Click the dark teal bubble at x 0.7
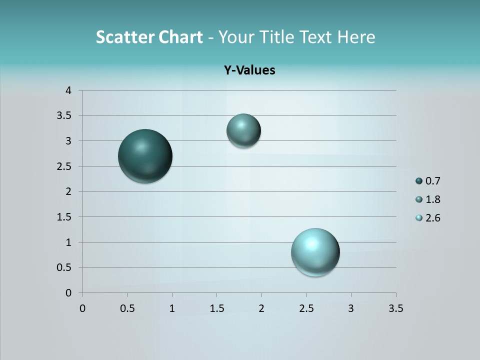pyautogui.click(x=145, y=156)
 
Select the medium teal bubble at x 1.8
pyautogui.click(x=243, y=130)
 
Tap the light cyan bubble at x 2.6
pyautogui.click(x=315, y=252)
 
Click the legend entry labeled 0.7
pyautogui.click(x=428, y=181)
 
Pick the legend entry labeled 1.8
pyautogui.click(x=428, y=199)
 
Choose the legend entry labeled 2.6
pyautogui.click(x=428, y=218)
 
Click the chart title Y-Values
pyautogui.click(x=249, y=70)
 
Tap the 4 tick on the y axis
pyautogui.click(x=68, y=90)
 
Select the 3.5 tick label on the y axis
pyautogui.click(x=65, y=115)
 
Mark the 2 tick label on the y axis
pyautogui.click(x=68, y=191)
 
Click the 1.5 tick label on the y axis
pyautogui.click(x=65, y=217)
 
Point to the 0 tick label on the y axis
pyautogui.click(x=68, y=293)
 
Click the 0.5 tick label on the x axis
pyautogui.click(x=127, y=308)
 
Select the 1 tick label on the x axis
pyautogui.click(x=172, y=308)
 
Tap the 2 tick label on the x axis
pyautogui.click(x=261, y=308)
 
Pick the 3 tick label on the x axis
pyautogui.click(x=351, y=308)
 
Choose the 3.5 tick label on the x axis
pyautogui.click(x=395, y=308)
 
